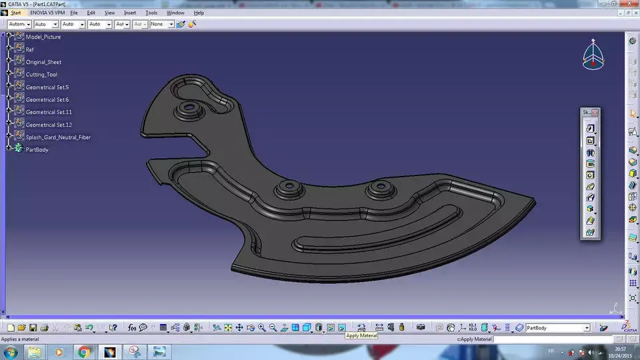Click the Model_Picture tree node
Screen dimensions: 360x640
(x=43, y=37)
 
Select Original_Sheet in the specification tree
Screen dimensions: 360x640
(x=43, y=62)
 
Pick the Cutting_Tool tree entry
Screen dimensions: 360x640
(x=41, y=75)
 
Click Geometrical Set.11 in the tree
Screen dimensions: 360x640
(x=49, y=112)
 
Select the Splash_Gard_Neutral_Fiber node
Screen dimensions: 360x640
(x=58, y=137)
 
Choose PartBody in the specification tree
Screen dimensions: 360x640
(x=37, y=150)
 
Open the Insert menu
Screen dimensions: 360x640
(x=130, y=13)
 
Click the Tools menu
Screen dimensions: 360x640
(x=151, y=13)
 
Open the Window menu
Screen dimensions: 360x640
(x=175, y=13)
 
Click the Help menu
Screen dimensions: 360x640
(x=199, y=13)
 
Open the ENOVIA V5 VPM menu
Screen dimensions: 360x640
(x=47, y=13)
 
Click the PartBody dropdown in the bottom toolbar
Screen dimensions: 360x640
(x=557, y=328)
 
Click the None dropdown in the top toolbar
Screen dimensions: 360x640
(x=161, y=24)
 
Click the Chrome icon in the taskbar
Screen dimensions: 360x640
(x=84, y=351)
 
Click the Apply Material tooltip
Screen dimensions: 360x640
(x=361, y=335)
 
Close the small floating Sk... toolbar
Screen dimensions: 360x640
(x=595, y=113)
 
